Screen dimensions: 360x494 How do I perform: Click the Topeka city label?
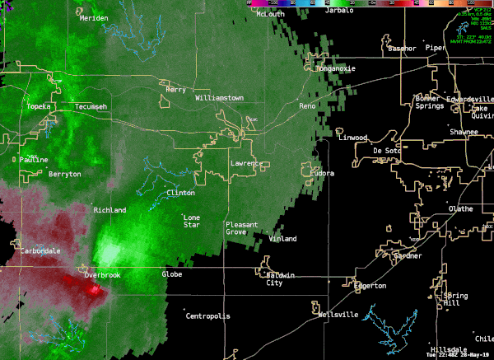coord(40,107)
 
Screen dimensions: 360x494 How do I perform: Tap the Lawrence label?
coord(246,163)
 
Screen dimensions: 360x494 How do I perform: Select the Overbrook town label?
coord(102,274)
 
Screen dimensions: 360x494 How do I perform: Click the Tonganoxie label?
coord(336,68)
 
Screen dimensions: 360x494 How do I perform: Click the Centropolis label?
coord(209,316)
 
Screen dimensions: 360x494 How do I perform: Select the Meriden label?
coord(94,18)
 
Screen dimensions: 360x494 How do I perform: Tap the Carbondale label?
coord(40,250)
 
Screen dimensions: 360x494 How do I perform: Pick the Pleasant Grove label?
coord(242,228)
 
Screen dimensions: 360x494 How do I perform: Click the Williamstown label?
coord(219,98)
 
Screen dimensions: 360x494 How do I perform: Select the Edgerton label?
coord(370,286)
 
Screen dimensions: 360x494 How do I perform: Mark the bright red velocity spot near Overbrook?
coord(95,289)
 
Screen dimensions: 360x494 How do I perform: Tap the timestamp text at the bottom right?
coord(459,355)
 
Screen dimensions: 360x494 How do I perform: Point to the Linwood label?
coord(353,138)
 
